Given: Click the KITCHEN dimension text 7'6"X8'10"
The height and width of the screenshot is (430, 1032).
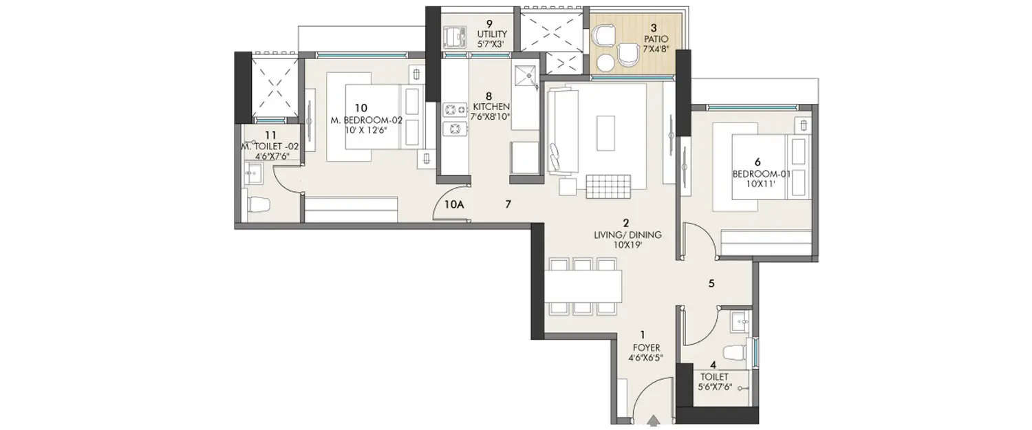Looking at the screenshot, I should [491, 117].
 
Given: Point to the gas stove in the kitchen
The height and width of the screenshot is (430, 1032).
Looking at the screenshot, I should [454, 118].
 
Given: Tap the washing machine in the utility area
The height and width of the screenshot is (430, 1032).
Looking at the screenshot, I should [454, 36].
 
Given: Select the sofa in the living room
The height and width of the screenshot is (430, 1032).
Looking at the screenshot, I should [559, 131].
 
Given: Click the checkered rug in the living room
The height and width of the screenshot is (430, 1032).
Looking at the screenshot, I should [608, 186].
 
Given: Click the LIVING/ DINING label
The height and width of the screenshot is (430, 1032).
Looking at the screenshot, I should [627, 235].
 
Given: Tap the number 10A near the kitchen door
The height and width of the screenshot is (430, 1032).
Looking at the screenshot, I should [455, 204].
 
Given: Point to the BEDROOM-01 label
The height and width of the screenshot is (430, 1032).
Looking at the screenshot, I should [762, 174].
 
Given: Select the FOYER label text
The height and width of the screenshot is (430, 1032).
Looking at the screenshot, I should [642, 347].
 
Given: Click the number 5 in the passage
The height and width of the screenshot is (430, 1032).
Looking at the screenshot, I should [713, 283].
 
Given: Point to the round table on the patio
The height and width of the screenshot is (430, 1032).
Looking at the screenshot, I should [605, 63].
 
